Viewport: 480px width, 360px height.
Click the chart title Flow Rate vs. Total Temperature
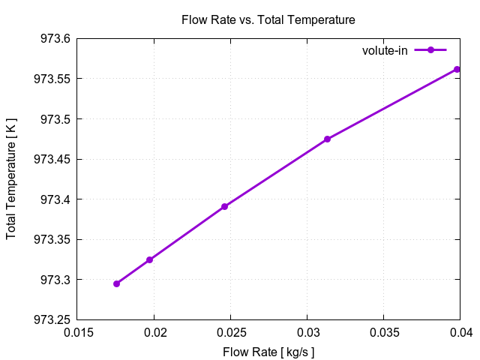tap(268, 19)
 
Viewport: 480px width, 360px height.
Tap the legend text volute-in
tap(385, 50)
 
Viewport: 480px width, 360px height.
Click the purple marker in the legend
tap(430, 50)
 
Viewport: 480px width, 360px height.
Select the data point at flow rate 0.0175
tap(116, 283)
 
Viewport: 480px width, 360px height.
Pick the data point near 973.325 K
tap(149, 259)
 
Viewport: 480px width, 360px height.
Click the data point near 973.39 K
tap(224, 206)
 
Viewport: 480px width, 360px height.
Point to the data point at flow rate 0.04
tap(457, 69)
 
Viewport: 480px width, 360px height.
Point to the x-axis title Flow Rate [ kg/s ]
tap(268, 351)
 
